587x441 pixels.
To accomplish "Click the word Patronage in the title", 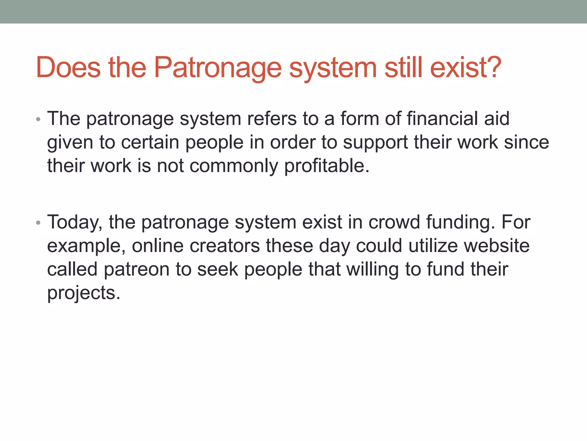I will pos(218,67).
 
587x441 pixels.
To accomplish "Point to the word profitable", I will pos(327,166).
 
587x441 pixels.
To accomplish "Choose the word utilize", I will pos(433,246).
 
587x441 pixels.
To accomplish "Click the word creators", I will pos(225,246).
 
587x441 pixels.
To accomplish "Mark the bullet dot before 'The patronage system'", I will pos(38,119).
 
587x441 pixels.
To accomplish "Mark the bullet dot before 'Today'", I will pos(38,223).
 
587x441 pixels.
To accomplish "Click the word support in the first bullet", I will pos(375,143).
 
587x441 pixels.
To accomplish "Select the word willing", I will pos(373,270).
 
